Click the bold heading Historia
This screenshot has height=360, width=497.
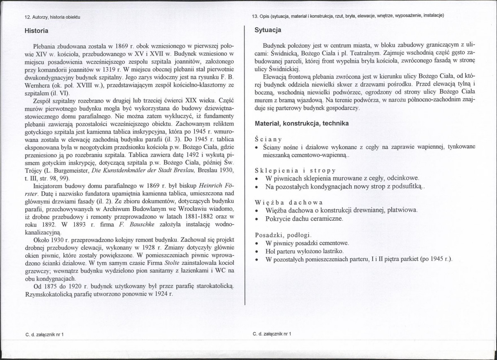[36, 31]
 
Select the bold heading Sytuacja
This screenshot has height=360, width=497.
[268, 30]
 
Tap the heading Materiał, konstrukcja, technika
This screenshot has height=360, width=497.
[301, 123]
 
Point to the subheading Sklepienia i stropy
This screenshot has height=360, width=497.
[295, 170]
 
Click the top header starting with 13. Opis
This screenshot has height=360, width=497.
[348, 16]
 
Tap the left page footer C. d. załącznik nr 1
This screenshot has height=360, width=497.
[44, 334]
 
